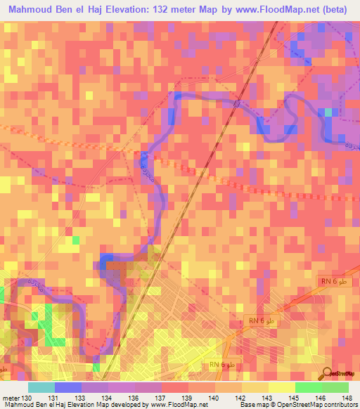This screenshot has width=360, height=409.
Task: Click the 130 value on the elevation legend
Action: [x=27, y=398]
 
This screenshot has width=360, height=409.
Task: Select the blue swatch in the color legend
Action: [x=68, y=387]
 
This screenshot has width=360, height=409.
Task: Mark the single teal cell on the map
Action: [x=328, y=112]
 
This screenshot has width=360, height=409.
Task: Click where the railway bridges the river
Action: [x=238, y=103]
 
